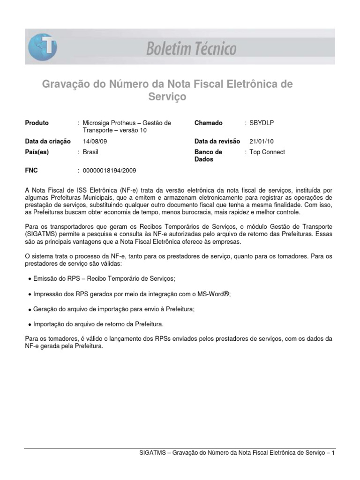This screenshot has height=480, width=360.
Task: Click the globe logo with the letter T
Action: pos(43,48)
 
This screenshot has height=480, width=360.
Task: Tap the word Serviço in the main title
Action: pos(167,97)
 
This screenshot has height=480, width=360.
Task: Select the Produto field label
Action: pos(37,123)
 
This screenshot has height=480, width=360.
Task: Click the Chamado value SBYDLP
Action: pos(262,123)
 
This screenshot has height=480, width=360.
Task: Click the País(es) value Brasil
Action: pos(90,152)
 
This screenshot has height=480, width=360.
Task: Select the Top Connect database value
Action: pos(267,152)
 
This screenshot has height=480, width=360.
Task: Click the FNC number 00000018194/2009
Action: pos(109,171)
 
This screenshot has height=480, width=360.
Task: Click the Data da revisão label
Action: pos(217,141)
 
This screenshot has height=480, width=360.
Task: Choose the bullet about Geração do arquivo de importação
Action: pos(114,309)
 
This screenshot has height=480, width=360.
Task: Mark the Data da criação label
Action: pos(48,141)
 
